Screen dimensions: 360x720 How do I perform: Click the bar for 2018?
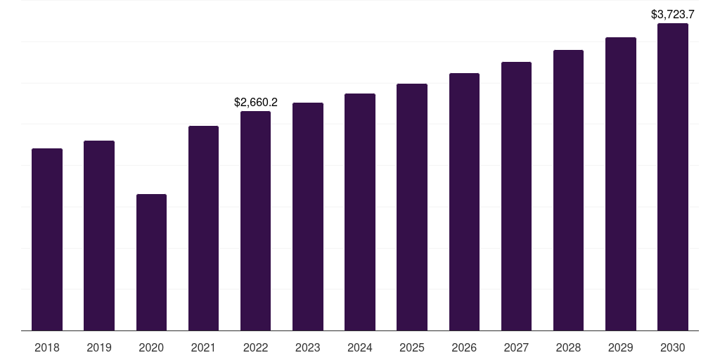pos(47,239)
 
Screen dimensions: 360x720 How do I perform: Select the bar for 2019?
pos(99,236)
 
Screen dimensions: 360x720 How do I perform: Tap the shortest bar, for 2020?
pos(151,262)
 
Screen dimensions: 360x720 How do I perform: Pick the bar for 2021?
pos(203,228)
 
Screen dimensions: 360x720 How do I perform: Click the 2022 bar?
pos(256,221)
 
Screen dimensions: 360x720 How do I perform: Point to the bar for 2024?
pos(360,212)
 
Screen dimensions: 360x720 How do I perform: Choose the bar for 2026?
pos(464,202)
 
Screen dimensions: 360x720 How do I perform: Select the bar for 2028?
pos(568,190)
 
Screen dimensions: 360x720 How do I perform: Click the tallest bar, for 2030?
pos(673,176)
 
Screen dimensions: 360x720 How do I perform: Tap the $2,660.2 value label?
pos(256,103)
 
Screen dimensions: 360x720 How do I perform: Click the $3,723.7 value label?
pos(673,14)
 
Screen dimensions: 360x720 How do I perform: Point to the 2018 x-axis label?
pos(47,347)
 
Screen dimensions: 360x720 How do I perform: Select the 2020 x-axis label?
pos(151,347)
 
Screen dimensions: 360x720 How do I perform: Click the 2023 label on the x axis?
pos(308,347)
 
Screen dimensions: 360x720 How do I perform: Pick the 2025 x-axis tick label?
pos(412,347)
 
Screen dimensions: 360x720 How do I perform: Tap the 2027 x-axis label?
pos(516,347)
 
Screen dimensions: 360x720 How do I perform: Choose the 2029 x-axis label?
pos(621,347)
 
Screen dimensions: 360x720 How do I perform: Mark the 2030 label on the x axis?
pos(673,347)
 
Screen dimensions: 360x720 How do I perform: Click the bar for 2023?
pos(308,217)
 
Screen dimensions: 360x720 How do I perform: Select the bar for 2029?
pos(621,184)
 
